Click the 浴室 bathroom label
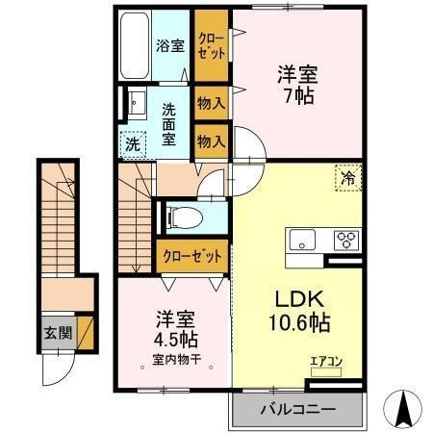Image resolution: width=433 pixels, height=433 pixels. coord(170,45)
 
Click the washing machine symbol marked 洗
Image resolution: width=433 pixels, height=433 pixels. coord(132,145)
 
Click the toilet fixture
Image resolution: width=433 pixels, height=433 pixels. coord(183,216)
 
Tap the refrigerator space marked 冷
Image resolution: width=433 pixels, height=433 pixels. coord(347,177)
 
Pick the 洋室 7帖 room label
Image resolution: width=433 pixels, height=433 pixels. coord(298,85)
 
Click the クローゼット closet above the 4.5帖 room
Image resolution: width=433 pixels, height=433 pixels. coord(191,256)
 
